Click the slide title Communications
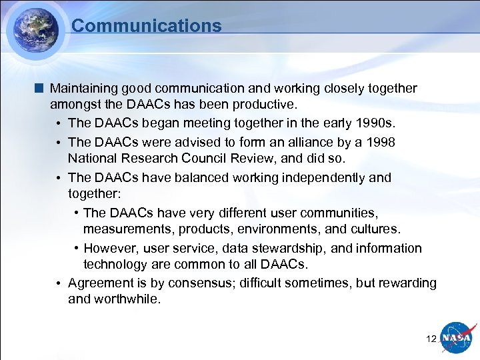[x=146, y=26]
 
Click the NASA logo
[x=457, y=338]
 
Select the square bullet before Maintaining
[x=41, y=88]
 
